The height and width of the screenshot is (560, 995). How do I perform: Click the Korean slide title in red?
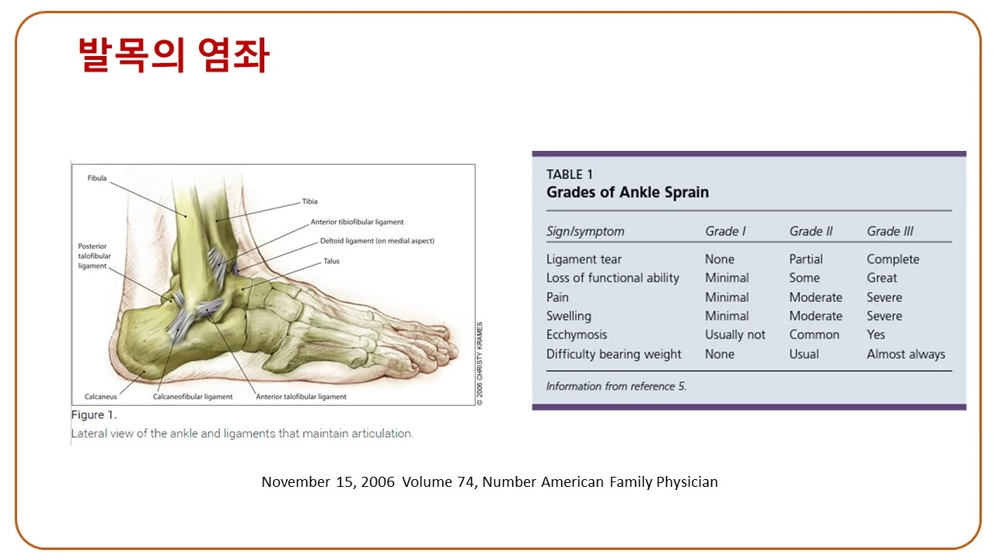[173, 54]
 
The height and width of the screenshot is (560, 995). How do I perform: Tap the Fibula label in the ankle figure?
[97, 178]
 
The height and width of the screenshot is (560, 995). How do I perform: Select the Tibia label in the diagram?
[309, 201]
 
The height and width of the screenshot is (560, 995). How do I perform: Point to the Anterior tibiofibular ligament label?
[357, 222]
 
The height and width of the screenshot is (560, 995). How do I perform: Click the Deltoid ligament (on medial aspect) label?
[377, 241]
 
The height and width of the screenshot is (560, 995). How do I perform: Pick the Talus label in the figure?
[331, 261]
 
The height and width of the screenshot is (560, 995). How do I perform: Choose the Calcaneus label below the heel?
[101, 397]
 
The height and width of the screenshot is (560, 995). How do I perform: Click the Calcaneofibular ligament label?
[193, 397]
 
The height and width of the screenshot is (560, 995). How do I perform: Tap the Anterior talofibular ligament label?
[301, 397]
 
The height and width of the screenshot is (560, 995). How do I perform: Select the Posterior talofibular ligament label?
[94, 256]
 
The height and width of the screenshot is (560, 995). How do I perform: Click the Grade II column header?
[811, 231]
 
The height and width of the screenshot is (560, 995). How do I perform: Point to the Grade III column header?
[890, 231]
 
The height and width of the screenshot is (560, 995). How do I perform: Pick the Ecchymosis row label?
[577, 334]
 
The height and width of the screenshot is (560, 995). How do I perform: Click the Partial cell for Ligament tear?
[806, 259]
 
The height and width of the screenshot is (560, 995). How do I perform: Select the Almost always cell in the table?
[906, 354]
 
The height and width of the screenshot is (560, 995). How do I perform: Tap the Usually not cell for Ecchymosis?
[735, 334]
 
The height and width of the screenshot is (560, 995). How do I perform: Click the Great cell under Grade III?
[882, 278]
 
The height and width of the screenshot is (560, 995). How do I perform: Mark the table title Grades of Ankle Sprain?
[627, 192]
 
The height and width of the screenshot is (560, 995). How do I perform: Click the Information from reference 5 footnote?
[616, 387]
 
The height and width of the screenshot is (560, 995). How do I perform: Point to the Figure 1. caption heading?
[94, 415]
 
